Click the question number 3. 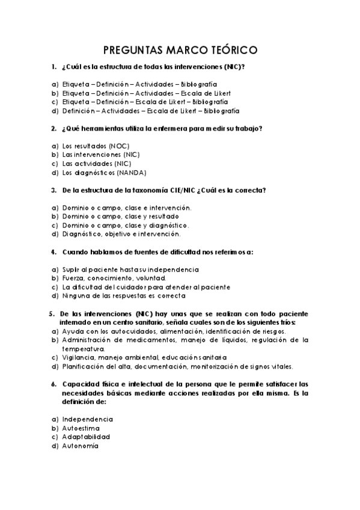[x=53, y=190]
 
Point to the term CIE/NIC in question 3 [x=189, y=190]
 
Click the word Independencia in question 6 [x=88, y=419]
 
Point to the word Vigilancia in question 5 [x=80, y=357]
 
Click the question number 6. [x=53, y=384]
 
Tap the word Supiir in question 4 [x=71, y=269]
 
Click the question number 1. [x=53, y=67]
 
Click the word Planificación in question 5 [x=85, y=366]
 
